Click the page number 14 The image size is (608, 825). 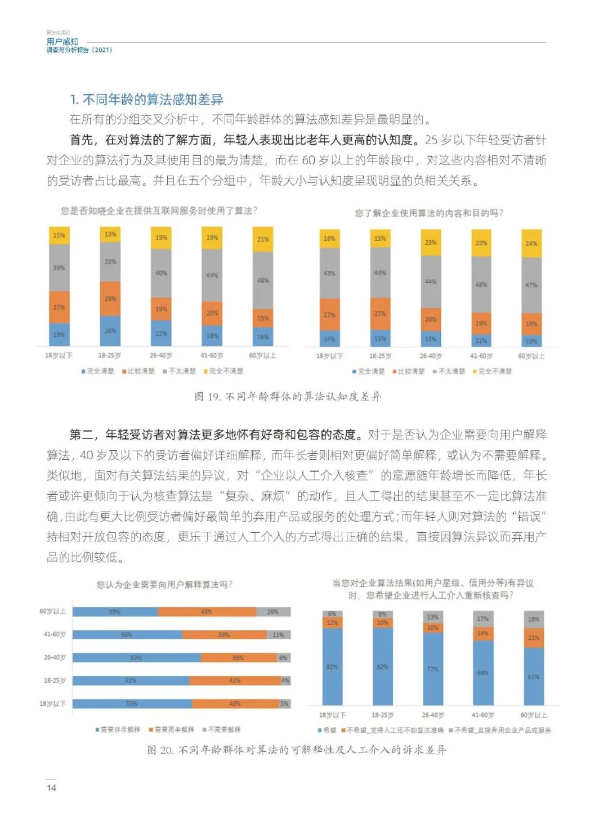tap(51, 787)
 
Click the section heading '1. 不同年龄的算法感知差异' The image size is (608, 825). tap(146, 100)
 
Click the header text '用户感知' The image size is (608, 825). tap(62, 41)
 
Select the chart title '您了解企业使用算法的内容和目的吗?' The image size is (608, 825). tap(428, 213)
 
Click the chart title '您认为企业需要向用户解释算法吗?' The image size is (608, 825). tap(164, 585)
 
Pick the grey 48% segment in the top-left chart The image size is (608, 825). tap(263, 280)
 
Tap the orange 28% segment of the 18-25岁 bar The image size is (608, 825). tap(110, 299)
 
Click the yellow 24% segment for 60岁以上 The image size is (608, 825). tap(531, 243)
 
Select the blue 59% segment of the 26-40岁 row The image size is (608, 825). tap(136, 657)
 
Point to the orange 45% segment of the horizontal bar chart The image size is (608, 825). tap(207, 612)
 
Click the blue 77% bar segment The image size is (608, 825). tap(432, 669)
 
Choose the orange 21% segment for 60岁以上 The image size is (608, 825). tap(534, 638)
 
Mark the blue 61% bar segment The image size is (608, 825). tap(534, 676)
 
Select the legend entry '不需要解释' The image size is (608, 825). tap(223, 729)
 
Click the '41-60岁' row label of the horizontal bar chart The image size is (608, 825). tap(55, 634)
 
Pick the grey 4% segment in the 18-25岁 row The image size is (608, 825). tap(285, 680)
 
